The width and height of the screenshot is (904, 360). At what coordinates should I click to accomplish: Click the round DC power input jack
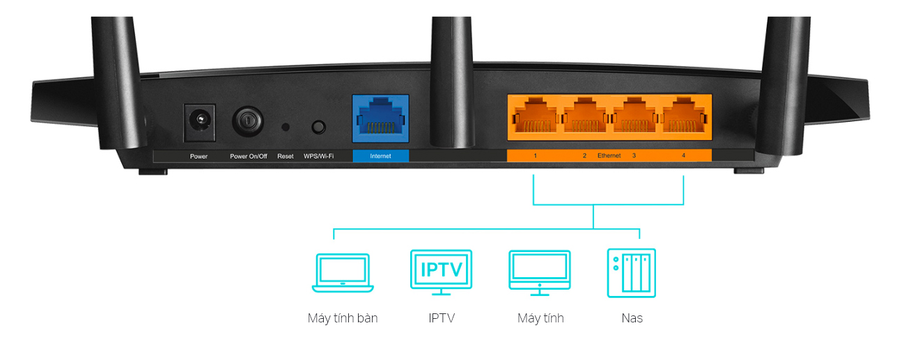pos(198,123)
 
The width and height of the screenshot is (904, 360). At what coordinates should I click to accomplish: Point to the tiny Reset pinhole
pos(286,127)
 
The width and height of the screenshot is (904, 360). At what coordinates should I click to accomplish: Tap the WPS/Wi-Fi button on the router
pos(319,127)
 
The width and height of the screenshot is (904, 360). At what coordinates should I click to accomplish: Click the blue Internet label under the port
pos(380,156)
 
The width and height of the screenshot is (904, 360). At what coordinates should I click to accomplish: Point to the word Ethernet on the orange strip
pos(609,156)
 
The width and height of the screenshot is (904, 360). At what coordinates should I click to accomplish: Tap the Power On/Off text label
pos(249,157)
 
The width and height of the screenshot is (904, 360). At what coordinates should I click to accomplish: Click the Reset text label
pos(286,157)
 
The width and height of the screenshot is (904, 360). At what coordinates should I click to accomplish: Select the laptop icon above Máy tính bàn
pos(342,272)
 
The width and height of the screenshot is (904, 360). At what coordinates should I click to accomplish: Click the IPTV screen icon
pos(441,270)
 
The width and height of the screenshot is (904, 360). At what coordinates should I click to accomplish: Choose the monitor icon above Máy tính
pos(540,270)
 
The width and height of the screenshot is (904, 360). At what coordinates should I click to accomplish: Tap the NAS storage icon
pos(631,272)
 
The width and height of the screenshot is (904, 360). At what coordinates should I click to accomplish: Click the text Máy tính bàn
pos(343,318)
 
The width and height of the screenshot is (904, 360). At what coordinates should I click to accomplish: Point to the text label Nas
pos(632,318)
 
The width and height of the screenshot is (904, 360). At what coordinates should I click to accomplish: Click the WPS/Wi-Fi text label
pos(319,157)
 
